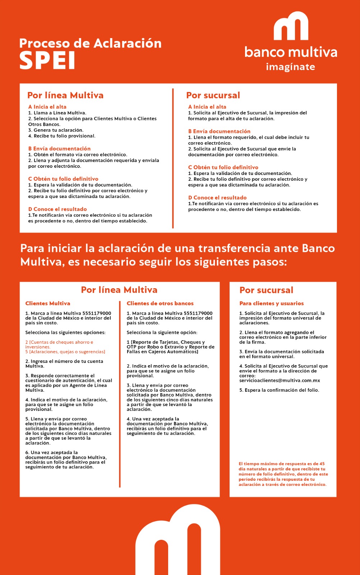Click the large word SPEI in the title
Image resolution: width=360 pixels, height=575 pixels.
point(47,60)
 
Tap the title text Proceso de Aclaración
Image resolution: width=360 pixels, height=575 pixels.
point(90,43)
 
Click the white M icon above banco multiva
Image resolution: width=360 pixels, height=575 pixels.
point(291,27)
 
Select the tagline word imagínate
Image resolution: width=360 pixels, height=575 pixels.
point(290,67)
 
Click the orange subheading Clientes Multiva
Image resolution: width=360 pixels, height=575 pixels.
point(48,303)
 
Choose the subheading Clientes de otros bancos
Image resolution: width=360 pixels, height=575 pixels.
point(160,303)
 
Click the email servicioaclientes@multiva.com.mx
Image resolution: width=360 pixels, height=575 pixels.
point(280,380)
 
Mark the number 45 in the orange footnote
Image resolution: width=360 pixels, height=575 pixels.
point(322,464)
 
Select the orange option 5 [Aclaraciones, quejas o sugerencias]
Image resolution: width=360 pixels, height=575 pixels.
point(65,352)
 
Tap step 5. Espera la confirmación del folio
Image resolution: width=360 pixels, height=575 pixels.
point(279,390)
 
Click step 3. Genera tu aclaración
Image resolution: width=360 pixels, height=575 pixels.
point(56,130)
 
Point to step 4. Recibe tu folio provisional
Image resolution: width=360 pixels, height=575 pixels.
point(62,136)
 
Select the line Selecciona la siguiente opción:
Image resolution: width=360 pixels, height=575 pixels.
point(162,332)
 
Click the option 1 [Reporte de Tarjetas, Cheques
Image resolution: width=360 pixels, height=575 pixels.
point(166,342)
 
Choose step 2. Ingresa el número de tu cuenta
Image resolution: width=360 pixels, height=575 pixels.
point(64,361)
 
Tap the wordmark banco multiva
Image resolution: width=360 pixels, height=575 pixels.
point(291,52)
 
